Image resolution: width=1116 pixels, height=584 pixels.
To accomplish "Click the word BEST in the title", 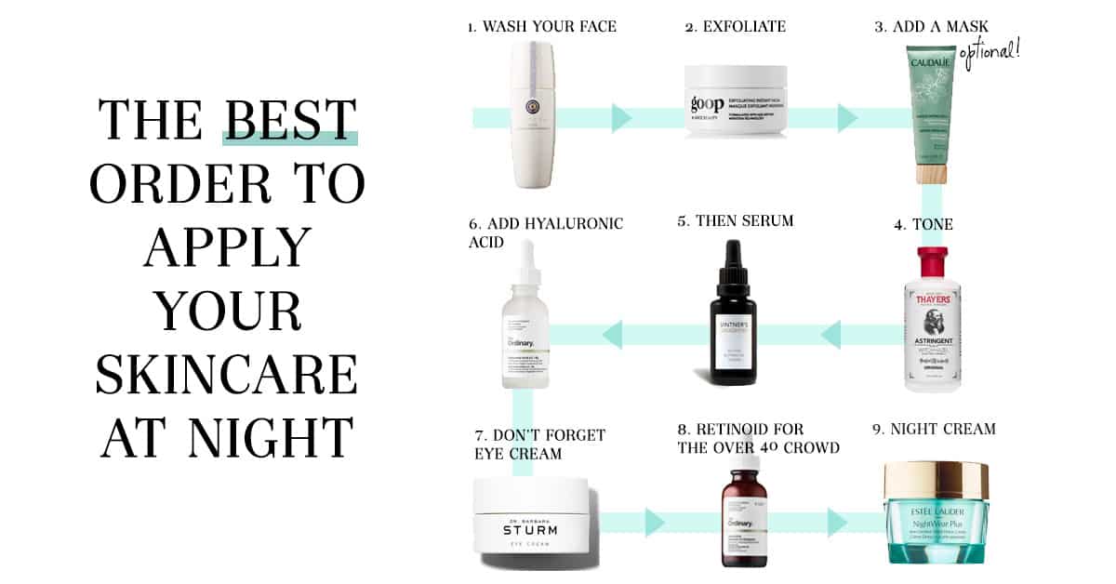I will click(x=290, y=120).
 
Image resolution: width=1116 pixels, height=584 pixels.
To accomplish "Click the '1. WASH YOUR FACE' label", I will click(x=541, y=26).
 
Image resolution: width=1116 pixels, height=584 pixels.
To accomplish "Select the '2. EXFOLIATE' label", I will click(x=735, y=26).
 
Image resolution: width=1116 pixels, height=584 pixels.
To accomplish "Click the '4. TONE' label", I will click(x=923, y=224).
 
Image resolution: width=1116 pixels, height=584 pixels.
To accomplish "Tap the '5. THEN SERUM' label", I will click(x=736, y=221).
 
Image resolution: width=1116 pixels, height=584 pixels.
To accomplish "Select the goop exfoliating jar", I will click(x=736, y=102).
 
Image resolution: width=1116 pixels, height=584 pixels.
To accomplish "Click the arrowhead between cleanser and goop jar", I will click(x=621, y=118).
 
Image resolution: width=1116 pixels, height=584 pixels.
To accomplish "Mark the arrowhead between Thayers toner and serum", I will click(x=830, y=334).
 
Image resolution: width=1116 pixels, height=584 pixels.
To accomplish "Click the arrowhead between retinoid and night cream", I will click(x=837, y=523).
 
